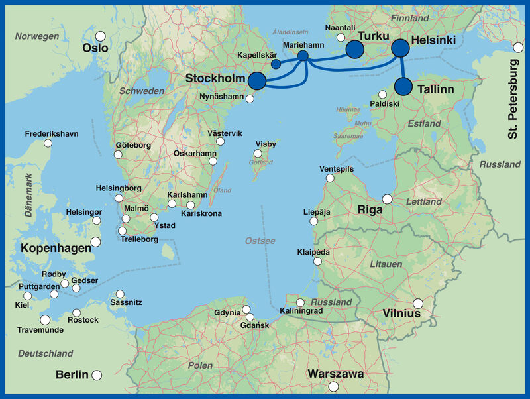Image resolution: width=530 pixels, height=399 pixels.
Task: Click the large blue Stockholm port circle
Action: click(x=256, y=81)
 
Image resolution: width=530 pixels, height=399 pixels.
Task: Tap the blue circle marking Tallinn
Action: click(x=403, y=87)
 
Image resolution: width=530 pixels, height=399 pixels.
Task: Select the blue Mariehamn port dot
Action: click(x=303, y=56)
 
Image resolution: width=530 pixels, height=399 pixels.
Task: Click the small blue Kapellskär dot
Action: click(x=276, y=64)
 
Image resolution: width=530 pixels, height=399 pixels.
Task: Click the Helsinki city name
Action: click(x=433, y=40)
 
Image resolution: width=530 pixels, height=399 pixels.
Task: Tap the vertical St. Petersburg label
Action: click(x=514, y=99)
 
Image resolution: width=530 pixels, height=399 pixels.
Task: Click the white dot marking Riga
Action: click(x=387, y=199)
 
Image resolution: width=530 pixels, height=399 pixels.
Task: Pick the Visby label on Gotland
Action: click(x=266, y=144)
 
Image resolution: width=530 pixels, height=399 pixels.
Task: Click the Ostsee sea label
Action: click(x=260, y=241)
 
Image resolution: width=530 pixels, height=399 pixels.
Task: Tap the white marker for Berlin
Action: click(x=97, y=374)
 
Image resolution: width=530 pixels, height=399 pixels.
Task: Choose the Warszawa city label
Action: click(x=335, y=374)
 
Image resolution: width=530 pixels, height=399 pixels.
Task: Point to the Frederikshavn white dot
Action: click(x=47, y=143)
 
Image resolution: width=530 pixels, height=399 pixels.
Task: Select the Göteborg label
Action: click(x=133, y=145)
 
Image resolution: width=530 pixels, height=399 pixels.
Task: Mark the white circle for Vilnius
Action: click(x=418, y=304)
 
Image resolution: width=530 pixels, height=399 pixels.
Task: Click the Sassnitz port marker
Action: click(x=120, y=294)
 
